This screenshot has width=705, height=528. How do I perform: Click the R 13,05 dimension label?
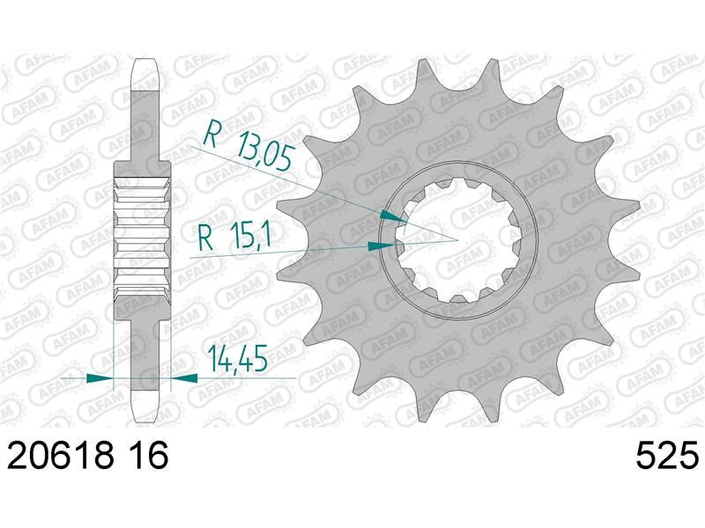[247, 143]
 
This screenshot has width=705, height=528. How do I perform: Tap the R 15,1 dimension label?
[234, 236]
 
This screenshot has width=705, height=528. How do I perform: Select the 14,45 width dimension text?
[237, 358]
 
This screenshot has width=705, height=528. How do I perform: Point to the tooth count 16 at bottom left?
[149, 455]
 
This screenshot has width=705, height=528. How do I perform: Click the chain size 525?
[667, 455]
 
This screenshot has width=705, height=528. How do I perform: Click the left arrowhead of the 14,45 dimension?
[99, 378]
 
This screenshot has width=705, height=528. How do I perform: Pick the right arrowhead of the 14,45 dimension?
[184, 378]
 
